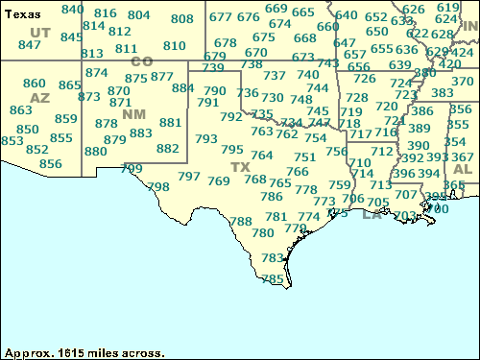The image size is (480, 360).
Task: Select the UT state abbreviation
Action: coord(40,32)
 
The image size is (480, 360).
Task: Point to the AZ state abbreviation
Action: coord(39,98)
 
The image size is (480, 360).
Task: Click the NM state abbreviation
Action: coord(133,115)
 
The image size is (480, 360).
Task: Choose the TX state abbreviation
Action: coord(239,167)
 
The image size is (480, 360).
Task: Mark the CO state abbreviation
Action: coord(141,61)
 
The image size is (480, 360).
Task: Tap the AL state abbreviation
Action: coord(462,169)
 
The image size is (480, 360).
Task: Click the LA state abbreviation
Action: coord(372,214)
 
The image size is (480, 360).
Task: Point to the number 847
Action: coord(30,45)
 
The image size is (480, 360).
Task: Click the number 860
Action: coord(34,84)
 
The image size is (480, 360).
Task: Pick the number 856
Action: coord(50,164)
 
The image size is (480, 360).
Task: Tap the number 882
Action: coord(167,149)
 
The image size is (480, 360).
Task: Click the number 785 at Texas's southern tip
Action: coord(274,278)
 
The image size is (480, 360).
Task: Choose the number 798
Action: coord(158,186)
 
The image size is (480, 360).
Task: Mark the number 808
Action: coord(181,19)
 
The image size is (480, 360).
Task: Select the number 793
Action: coord(206,138)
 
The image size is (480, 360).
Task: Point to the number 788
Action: coord(241,221)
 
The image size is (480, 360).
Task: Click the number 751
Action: coord(305,157)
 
